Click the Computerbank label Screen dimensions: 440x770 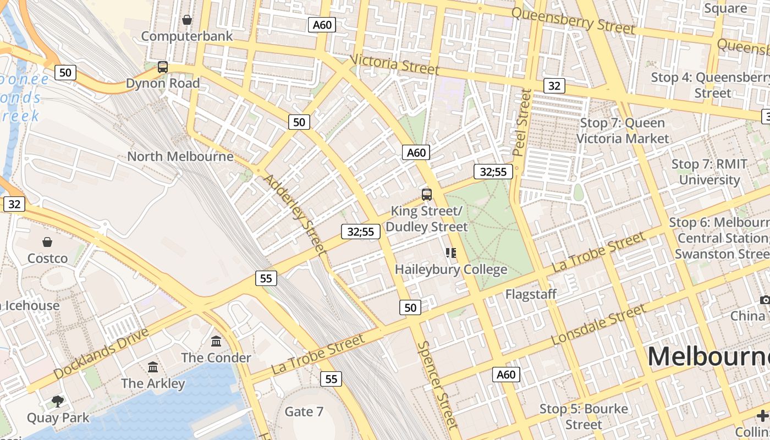[x=187, y=36]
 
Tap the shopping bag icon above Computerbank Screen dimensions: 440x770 [x=187, y=20]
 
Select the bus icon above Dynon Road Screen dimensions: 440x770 [x=163, y=67]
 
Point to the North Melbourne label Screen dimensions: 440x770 [x=180, y=156]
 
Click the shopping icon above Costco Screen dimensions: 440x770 [x=47, y=242]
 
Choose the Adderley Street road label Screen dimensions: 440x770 [x=295, y=214]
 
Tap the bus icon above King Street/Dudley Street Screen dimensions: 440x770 [x=427, y=194]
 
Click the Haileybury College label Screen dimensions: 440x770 [x=451, y=269]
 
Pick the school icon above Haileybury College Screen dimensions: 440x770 [x=451, y=253]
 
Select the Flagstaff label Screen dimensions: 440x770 [x=531, y=294]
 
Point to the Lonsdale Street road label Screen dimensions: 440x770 [x=598, y=324]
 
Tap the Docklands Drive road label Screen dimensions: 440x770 [x=102, y=354]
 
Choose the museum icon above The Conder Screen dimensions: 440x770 [x=216, y=342]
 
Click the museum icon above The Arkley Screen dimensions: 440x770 [x=153, y=367]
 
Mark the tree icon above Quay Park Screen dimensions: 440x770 [x=58, y=402]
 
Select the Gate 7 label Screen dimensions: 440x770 [x=304, y=411]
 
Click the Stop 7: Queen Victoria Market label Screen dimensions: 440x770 [x=623, y=130]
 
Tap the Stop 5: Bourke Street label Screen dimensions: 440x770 [x=584, y=416]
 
